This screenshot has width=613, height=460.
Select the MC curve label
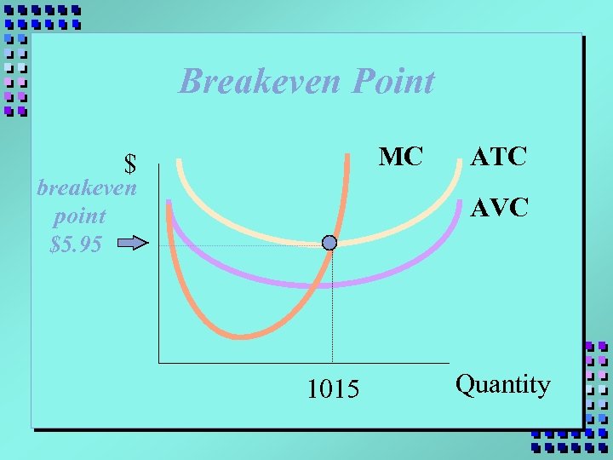[x=400, y=157]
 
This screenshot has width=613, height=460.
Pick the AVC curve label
[x=500, y=207]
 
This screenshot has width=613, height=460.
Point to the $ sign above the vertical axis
[x=130, y=162]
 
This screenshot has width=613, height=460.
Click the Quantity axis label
[x=502, y=384]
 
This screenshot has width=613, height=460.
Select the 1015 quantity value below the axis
[x=333, y=389]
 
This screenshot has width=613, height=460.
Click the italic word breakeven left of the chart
[x=87, y=187]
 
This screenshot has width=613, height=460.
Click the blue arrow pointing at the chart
[x=132, y=244]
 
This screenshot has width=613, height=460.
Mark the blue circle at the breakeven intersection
[x=329, y=243]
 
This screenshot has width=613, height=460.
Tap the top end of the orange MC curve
[x=348, y=156]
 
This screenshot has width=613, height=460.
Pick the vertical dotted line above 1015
[x=332, y=315]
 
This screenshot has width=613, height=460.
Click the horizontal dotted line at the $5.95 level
[x=238, y=246]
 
